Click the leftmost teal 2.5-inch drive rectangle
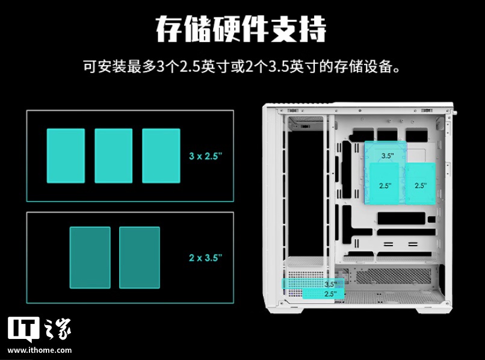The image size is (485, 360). click(x=66, y=155)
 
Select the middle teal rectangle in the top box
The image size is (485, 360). click(x=113, y=155)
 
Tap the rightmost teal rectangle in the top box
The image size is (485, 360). click(x=161, y=155)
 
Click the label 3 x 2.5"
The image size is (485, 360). click(x=205, y=156)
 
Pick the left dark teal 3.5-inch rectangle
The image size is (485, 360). click(x=90, y=257)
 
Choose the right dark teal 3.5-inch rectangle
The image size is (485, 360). click(x=139, y=257)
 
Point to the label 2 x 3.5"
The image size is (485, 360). click(x=205, y=258)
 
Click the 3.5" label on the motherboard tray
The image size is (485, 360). click(x=388, y=156)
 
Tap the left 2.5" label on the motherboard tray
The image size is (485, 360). click(x=385, y=186)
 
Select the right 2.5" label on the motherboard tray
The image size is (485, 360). click(x=420, y=186)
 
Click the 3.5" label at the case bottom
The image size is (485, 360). click(x=330, y=284)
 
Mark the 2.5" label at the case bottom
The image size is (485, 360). click(x=330, y=294)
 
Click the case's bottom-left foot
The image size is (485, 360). click(x=288, y=308)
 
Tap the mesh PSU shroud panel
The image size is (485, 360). click(x=391, y=276)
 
